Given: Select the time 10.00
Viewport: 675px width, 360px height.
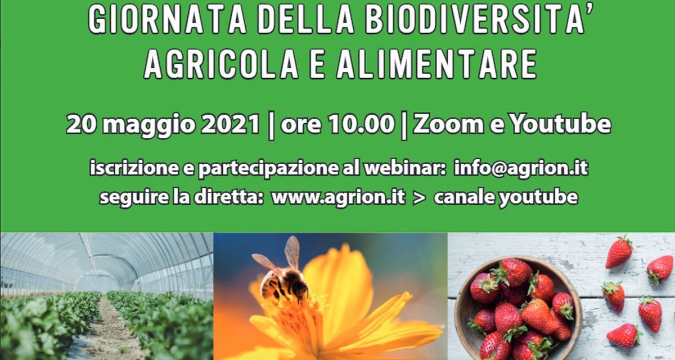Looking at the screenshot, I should point(360,124).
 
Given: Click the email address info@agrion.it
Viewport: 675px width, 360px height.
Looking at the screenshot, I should point(520,168).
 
